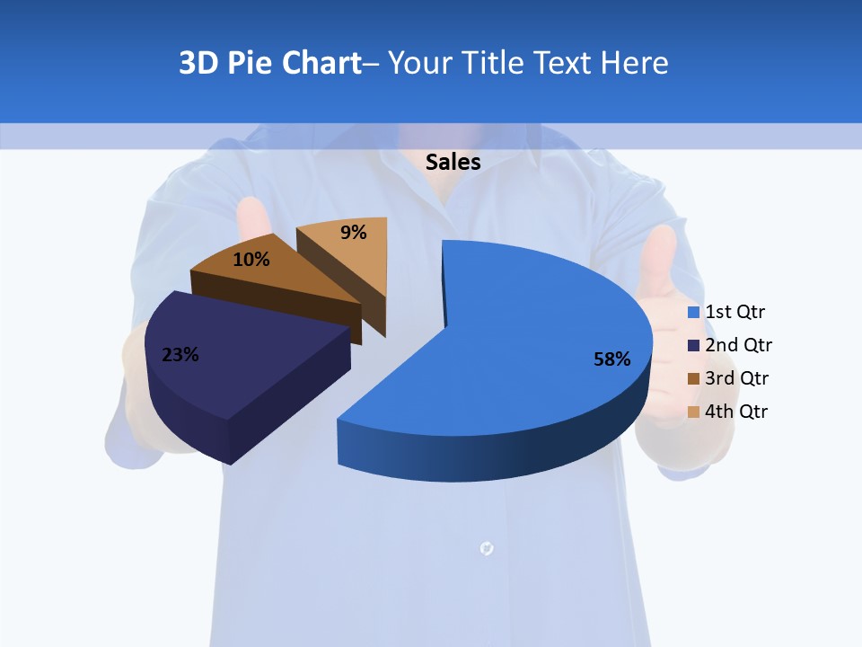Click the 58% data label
(611, 359)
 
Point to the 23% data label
(180, 355)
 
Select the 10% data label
(251, 260)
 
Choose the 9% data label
(354, 233)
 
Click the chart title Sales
(453, 162)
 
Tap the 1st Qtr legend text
(735, 312)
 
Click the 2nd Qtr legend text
(738, 345)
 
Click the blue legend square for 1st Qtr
(693, 313)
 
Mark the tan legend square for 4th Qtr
(693, 412)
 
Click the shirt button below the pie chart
(487, 546)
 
